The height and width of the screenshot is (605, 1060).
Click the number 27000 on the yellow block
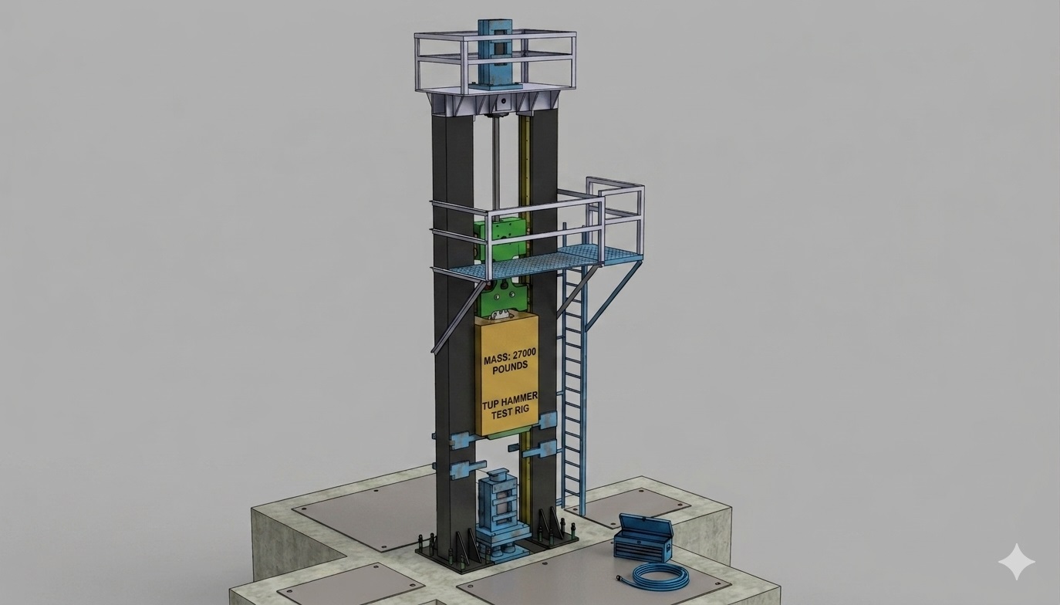click(x=520, y=360)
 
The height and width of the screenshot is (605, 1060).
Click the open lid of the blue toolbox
click(x=646, y=526)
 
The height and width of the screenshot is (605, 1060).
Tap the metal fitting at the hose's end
click(x=618, y=578)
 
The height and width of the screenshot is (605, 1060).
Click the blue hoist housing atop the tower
click(x=494, y=55)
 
